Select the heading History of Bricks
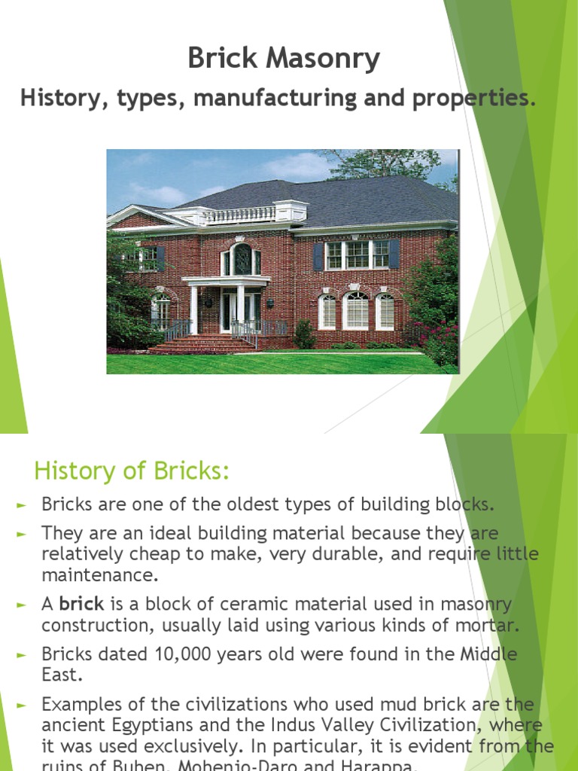pyautogui.click(x=131, y=472)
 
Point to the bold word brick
pyautogui.click(x=81, y=604)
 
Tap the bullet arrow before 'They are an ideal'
pyautogui.click(x=22, y=534)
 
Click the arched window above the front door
pyautogui.click(x=242, y=260)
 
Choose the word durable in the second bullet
pyautogui.click(x=306, y=554)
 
